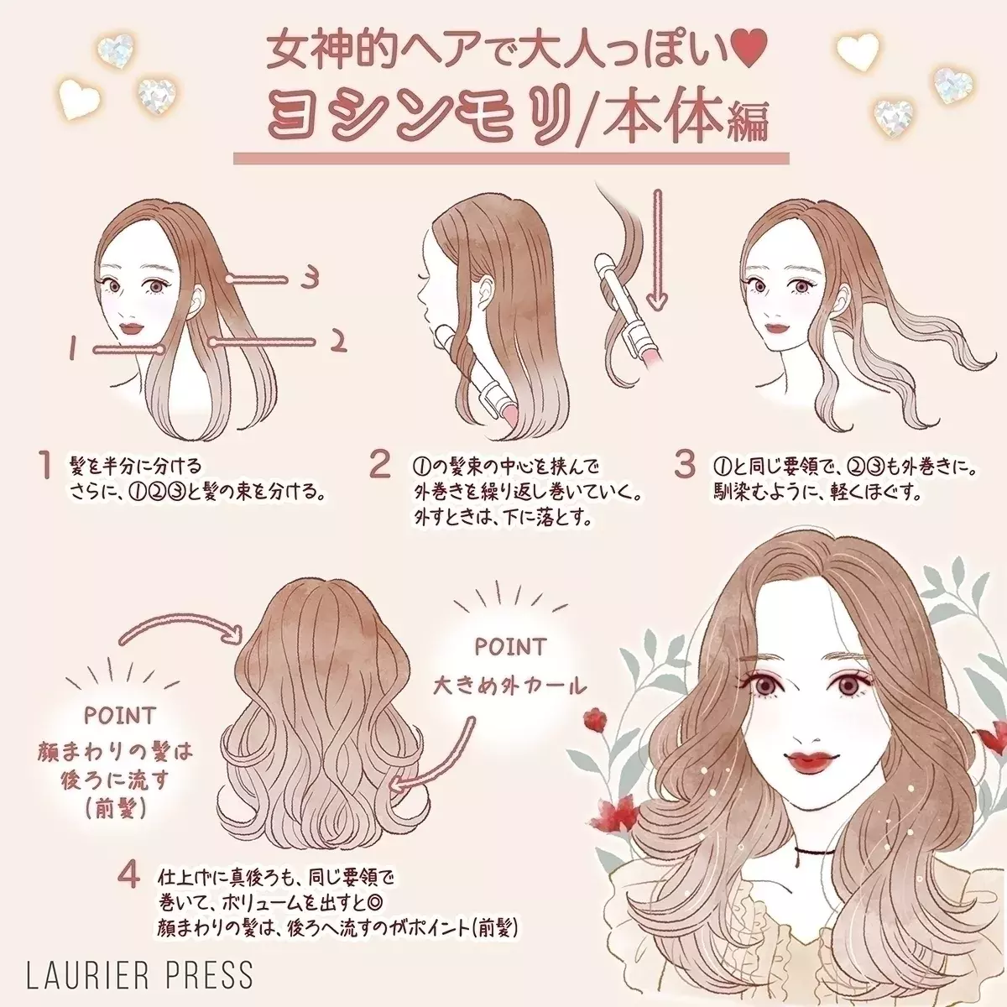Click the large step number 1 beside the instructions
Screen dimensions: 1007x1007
pos(48,466)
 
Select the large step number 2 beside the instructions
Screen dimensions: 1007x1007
pos(380,464)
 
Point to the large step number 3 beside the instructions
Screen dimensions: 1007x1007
pos(685,464)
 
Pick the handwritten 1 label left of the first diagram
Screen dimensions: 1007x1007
pos(73,347)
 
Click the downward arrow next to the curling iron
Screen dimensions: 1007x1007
pos(657,250)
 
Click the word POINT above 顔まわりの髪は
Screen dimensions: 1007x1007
pos(120,715)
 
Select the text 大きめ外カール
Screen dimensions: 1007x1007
pos(509,686)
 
